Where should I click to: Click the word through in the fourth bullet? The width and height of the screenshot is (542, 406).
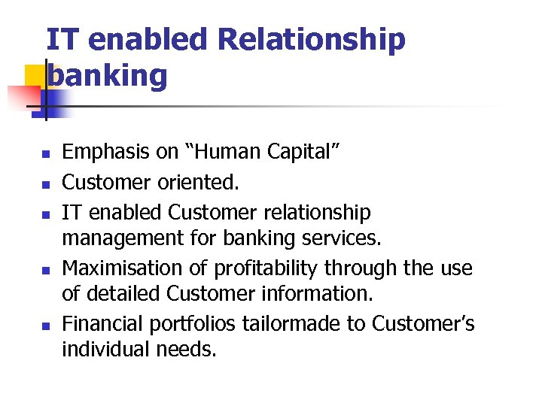(381, 268)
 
